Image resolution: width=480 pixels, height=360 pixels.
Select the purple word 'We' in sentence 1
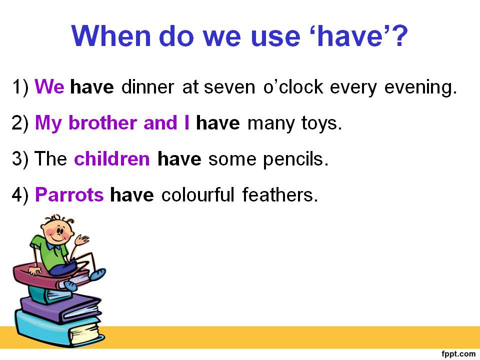tap(49, 87)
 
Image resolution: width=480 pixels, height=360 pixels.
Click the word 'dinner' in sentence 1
tap(148, 87)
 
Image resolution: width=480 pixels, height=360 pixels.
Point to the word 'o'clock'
tap(293, 87)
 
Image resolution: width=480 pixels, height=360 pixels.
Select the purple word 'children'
tap(111, 159)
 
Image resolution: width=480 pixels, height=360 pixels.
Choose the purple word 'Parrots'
tap(69, 194)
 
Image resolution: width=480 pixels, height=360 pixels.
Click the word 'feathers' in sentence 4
tap(280, 194)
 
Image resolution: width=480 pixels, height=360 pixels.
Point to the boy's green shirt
tap(50, 252)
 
